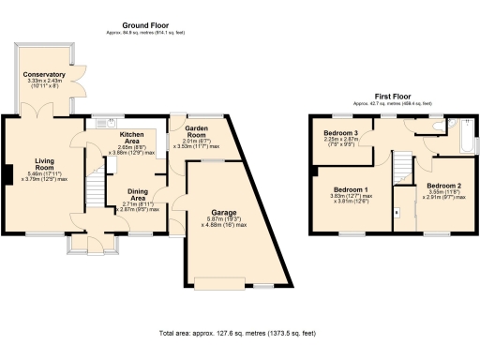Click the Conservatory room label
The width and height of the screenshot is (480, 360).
46,74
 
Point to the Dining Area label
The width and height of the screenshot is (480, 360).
138,194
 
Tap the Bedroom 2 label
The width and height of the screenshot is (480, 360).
446,186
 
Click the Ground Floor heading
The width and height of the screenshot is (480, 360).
146,23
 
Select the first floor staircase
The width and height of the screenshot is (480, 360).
401,170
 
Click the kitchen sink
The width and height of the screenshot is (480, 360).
100,122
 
